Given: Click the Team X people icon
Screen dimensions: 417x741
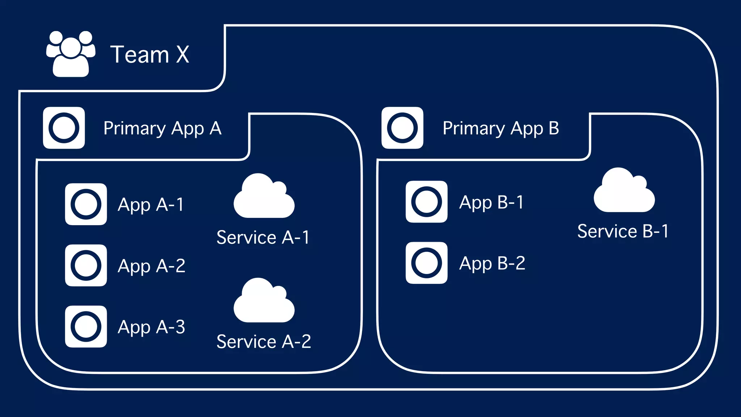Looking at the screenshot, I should pyautogui.click(x=71, y=54).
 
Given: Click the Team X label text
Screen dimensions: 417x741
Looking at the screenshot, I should pyautogui.click(x=150, y=55).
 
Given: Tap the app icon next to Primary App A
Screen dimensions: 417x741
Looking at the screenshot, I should pyautogui.click(x=64, y=128).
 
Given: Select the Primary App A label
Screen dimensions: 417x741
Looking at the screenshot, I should pyautogui.click(x=162, y=129).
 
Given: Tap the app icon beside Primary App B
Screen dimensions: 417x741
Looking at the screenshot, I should pyautogui.click(x=402, y=128).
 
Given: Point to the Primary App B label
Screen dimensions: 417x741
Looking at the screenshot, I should pyautogui.click(x=501, y=129).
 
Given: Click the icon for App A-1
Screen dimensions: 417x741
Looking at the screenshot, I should pyautogui.click(x=86, y=204).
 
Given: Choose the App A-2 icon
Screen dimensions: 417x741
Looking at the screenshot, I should pyautogui.click(x=86, y=265).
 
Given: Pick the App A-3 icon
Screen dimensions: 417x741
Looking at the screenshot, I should pyautogui.click(x=86, y=327).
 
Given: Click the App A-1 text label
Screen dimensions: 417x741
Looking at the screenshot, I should pyautogui.click(x=151, y=205).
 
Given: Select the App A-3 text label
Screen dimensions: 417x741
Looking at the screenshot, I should pyautogui.click(x=151, y=327).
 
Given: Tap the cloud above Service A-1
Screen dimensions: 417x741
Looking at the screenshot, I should pyautogui.click(x=264, y=197).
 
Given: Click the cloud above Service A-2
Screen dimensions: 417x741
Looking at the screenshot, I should pyautogui.click(x=264, y=302).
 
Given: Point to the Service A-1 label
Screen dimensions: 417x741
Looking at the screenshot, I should pyautogui.click(x=263, y=237).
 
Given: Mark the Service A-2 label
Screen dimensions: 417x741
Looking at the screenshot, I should pyautogui.click(x=264, y=341).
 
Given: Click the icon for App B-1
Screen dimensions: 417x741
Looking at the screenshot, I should pyautogui.click(x=427, y=202).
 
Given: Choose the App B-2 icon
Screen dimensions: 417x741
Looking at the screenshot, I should pyautogui.click(x=427, y=263).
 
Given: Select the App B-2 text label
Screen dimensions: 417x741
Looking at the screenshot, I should pyautogui.click(x=492, y=264).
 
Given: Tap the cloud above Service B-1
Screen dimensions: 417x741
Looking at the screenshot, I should pyautogui.click(x=624, y=191).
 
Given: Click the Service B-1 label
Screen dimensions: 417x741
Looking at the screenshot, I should pyautogui.click(x=623, y=231).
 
